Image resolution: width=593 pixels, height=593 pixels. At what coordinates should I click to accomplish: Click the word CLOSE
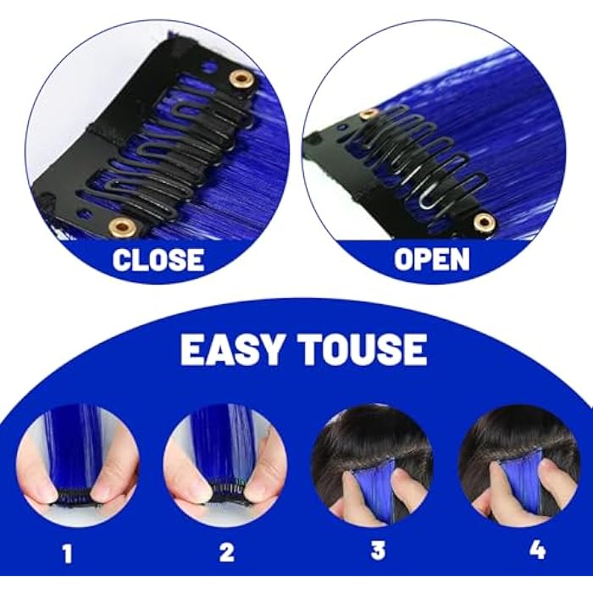click(x=158, y=259)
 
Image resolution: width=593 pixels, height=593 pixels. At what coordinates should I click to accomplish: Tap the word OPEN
click(x=431, y=259)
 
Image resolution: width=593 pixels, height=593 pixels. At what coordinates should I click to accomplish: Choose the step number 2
click(x=226, y=553)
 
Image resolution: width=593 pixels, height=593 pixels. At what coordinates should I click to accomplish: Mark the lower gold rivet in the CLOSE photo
click(x=123, y=225)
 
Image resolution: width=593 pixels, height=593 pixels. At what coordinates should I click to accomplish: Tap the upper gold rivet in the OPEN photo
click(x=368, y=114)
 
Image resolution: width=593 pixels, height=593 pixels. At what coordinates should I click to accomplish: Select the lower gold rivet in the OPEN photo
click(x=484, y=222)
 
